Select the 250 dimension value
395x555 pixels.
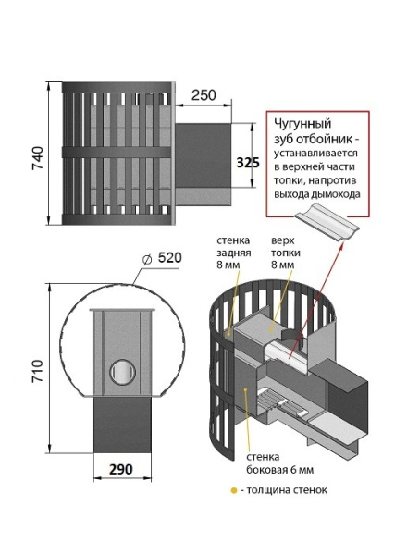(x=204, y=96)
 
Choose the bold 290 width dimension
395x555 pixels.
(x=117, y=470)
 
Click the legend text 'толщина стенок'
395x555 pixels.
(x=288, y=489)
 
